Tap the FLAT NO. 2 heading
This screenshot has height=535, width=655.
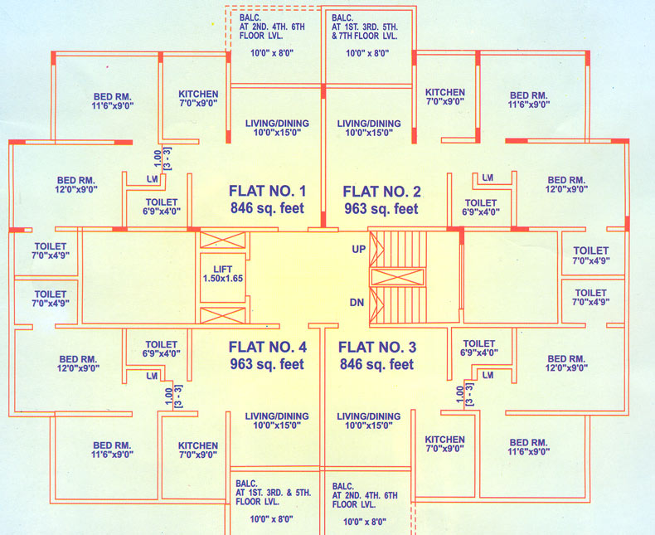[x=382, y=190]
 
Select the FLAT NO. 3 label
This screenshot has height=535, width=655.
[x=377, y=346]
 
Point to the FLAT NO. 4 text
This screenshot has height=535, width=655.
[x=267, y=346]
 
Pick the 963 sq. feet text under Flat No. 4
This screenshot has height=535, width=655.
[x=267, y=364]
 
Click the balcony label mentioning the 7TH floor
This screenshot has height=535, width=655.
[x=364, y=27]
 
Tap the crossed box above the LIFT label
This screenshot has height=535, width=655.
[x=223, y=241]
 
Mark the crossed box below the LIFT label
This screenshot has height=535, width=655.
[x=223, y=315]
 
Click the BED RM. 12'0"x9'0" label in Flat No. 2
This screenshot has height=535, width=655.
[x=567, y=184]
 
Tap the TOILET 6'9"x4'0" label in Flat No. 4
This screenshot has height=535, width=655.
[x=161, y=348]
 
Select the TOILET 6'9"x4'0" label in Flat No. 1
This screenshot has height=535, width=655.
[x=161, y=207]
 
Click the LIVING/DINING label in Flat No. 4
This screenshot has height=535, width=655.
[x=277, y=421]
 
